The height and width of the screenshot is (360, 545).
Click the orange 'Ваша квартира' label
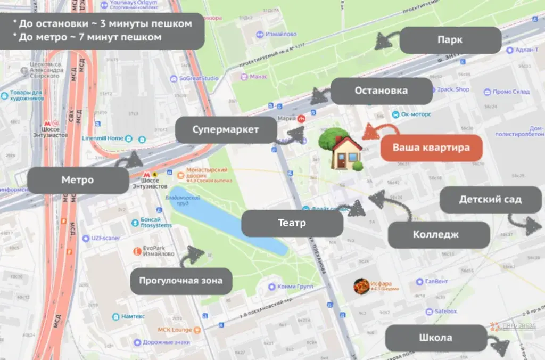[x=431, y=148]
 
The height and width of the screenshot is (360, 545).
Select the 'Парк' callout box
[x=450, y=40]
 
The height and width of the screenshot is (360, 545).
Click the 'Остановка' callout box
[x=381, y=91]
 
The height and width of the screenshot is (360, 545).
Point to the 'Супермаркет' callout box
[x=226, y=130]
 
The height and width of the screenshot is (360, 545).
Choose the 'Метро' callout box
[x=78, y=180]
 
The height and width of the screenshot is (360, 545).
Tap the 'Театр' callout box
[x=292, y=223]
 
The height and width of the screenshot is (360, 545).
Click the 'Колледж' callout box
[x=439, y=235]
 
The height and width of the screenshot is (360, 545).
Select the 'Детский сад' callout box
[x=490, y=200]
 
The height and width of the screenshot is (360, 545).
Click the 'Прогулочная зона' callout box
[x=181, y=281]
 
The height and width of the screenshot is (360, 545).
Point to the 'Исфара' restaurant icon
[x=362, y=287]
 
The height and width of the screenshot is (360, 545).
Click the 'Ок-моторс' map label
[x=415, y=114]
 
